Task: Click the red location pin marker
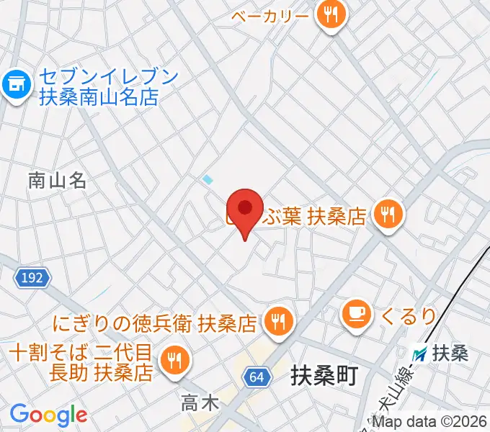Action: tap(246, 209)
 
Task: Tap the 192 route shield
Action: tap(31, 277)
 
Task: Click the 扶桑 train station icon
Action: tap(419, 354)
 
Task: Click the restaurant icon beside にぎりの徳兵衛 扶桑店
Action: tap(277, 320)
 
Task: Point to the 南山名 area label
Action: tap(58, 181)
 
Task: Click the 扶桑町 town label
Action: tap(324, 376)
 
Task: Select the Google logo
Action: tap(48, 415)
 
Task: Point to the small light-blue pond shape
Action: tap(208, 179)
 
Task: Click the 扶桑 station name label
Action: tap(451, 354)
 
